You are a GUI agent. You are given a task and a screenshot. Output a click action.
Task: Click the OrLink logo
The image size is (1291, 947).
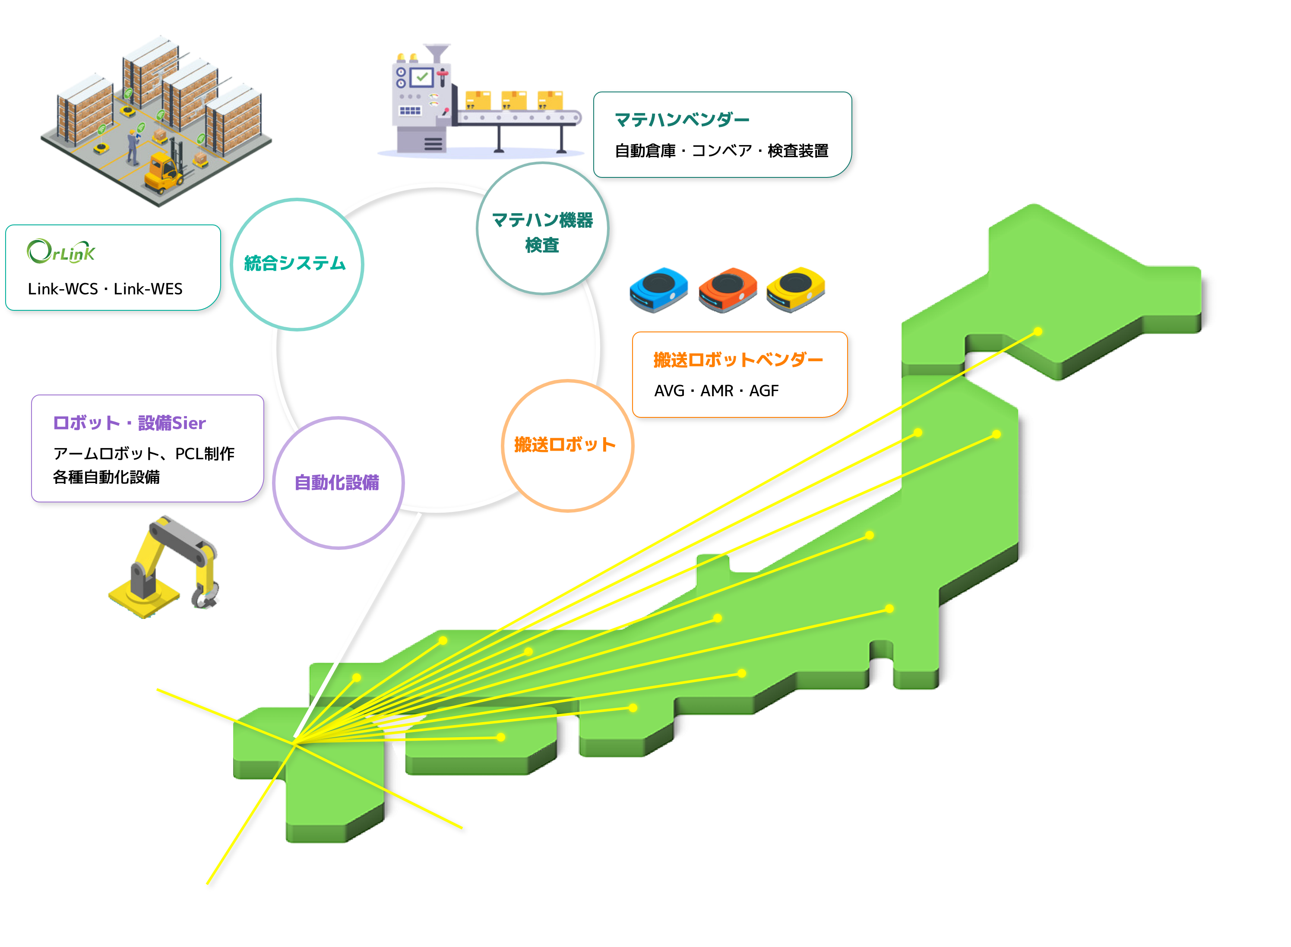click(x=61, y=251)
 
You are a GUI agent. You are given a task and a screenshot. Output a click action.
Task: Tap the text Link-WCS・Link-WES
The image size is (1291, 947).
click(x=105, y=289)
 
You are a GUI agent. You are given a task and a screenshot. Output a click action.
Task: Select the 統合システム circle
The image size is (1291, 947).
click(x=296, y=264)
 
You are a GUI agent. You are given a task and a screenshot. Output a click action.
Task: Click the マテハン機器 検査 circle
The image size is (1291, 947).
click(x=542, y=229)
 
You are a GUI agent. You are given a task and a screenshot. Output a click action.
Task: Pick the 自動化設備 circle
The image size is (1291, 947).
click(x=338, y=483)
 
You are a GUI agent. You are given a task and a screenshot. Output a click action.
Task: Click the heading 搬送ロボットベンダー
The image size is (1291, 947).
click(x=738, y=360)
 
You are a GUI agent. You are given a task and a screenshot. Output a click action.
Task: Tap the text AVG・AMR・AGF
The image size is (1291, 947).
click(x=716, y=391)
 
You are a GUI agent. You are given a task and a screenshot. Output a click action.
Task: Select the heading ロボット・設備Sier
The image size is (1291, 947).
click(x=129, y=423)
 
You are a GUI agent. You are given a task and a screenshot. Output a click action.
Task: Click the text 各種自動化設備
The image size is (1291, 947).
click(x=106, y=477)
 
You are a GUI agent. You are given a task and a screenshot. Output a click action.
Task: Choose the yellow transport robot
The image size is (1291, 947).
click(x=796, y=288)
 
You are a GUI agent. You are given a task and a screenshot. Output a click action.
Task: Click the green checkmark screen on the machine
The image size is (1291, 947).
click(x=423, y=77)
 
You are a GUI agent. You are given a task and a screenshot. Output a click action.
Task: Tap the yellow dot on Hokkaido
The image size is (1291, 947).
click(x=1038, y=331)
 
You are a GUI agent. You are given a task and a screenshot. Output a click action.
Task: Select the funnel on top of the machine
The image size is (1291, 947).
click(x=437, y=51)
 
